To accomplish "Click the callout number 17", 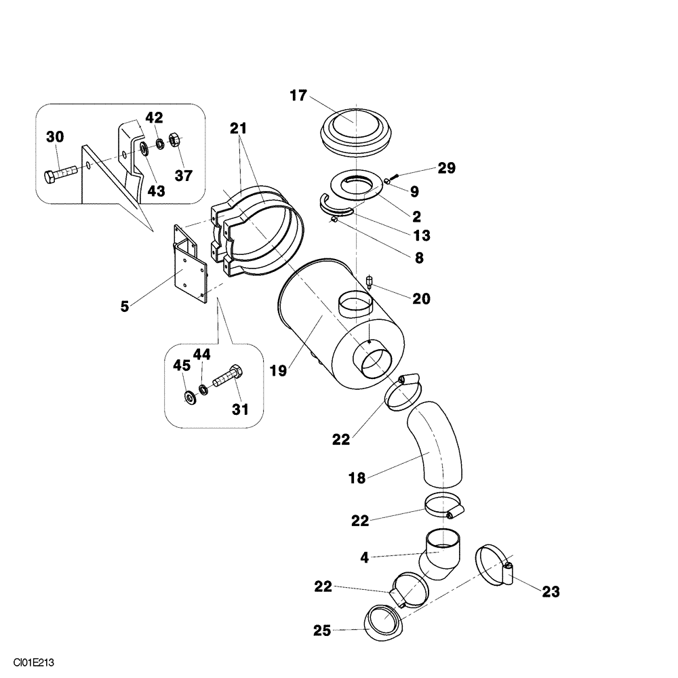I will tap(298, 96).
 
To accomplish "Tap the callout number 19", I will tap(278, 371).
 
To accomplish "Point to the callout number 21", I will tap(238, 127).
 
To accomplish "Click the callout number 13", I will tap(422, 235).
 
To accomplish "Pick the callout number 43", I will tap(157, 191).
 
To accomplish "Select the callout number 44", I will tap(202, 354).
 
